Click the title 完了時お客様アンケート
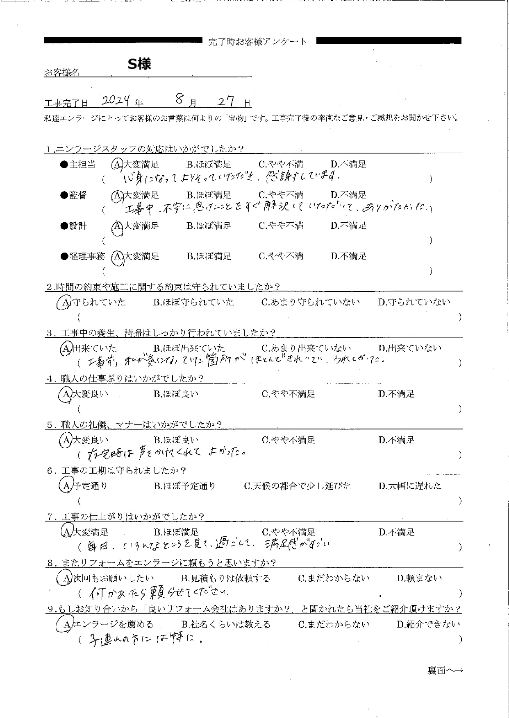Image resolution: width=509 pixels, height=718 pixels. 257,41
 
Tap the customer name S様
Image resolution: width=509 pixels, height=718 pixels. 139,64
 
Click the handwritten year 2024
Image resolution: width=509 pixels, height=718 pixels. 116,100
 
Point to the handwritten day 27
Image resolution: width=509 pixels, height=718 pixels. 226,100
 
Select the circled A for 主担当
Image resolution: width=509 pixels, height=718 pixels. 117,165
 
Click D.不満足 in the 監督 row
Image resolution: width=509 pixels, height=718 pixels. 348,195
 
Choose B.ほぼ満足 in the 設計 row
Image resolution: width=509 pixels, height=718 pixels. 209,226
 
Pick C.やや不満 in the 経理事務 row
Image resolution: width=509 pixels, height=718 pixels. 281,256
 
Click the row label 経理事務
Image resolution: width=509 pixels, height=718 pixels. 87,256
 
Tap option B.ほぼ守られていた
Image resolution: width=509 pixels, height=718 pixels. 193,302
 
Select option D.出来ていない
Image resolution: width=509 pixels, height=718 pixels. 410,348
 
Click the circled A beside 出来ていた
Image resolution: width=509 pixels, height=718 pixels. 66,348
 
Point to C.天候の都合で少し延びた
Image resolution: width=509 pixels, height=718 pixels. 298,486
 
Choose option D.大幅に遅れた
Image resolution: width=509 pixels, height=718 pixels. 410,486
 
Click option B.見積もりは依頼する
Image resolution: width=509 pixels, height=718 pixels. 225,578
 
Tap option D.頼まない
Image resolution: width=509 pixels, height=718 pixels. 419,578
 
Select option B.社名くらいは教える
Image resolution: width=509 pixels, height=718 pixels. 225,624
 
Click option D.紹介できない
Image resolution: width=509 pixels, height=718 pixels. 428,624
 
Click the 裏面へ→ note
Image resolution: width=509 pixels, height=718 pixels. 445,671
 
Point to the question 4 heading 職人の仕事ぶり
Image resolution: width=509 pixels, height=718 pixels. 125,379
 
